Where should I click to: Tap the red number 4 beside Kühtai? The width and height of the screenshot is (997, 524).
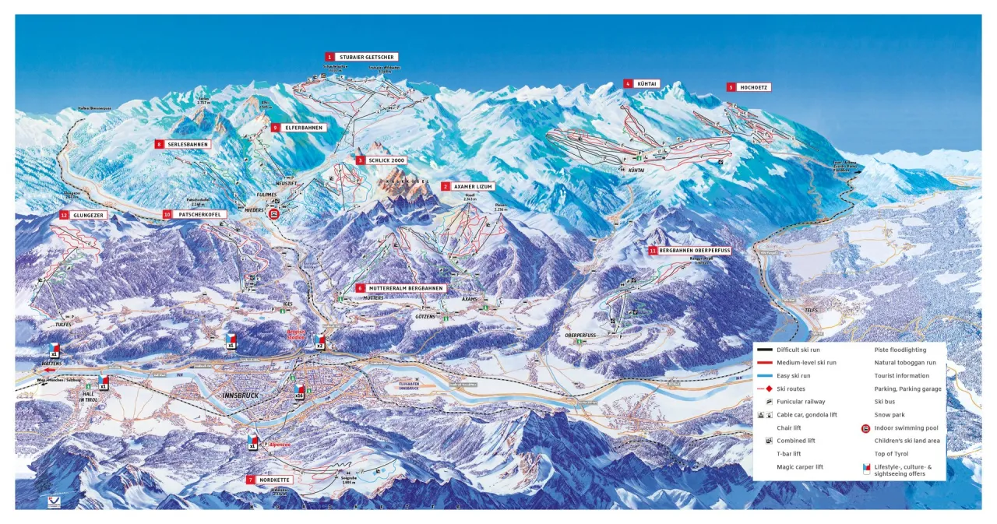pyautogui.click(x=627, y=83)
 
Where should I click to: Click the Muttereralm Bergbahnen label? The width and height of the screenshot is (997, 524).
pyautogui.click(x=405, y=288)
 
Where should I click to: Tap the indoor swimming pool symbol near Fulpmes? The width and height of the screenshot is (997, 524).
pyautogui.click(x=274, y=213)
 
